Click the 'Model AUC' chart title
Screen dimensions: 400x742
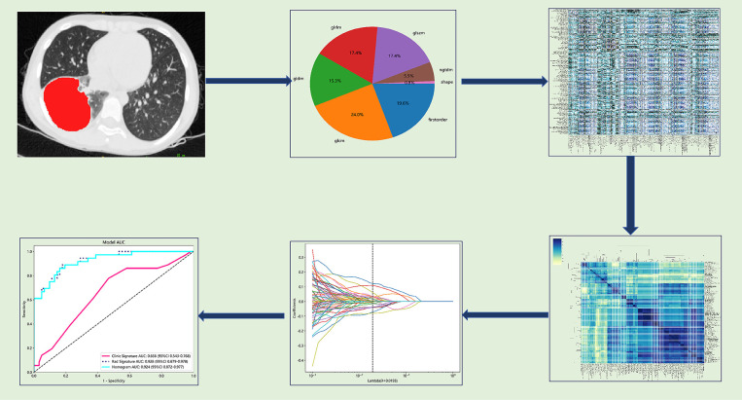[x=114, y=242]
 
